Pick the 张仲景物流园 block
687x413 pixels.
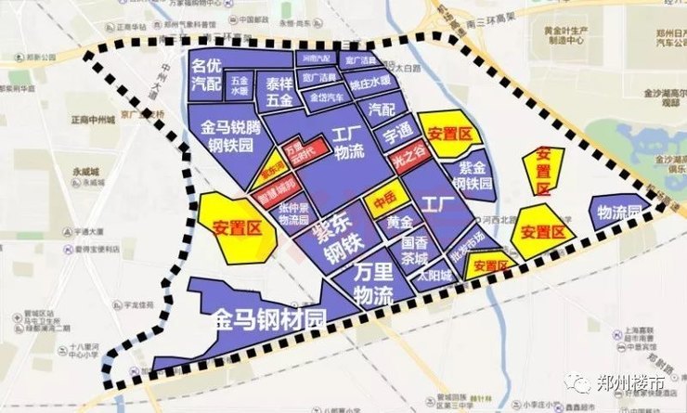294,215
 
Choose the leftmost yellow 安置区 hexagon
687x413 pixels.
237,226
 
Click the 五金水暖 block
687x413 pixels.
240,86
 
